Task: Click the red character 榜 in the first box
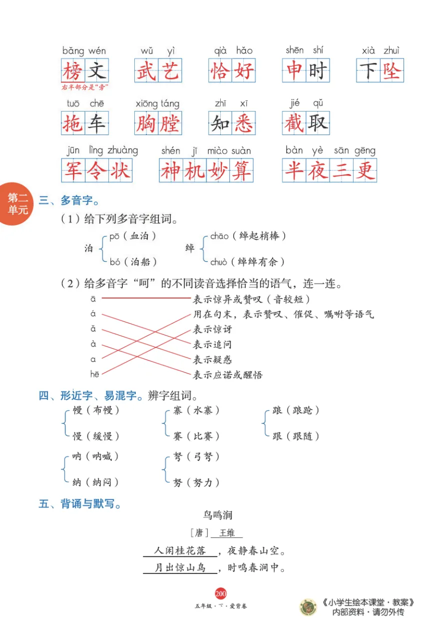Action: point(73,70)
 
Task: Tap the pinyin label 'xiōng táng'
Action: point(157,103)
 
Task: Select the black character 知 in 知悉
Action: point(220,123)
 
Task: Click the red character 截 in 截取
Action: point(294,123)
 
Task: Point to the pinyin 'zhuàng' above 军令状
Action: point(122,150)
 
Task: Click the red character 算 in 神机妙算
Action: point(241,170)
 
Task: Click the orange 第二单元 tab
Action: point(17,204)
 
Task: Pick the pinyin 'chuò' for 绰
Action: point(219,261)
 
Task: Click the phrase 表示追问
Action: point(212,344)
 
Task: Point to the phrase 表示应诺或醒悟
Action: point(228,374)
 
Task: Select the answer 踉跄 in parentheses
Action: point(303,410)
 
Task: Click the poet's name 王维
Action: point(227,533)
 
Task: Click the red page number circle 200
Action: point(220,593)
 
